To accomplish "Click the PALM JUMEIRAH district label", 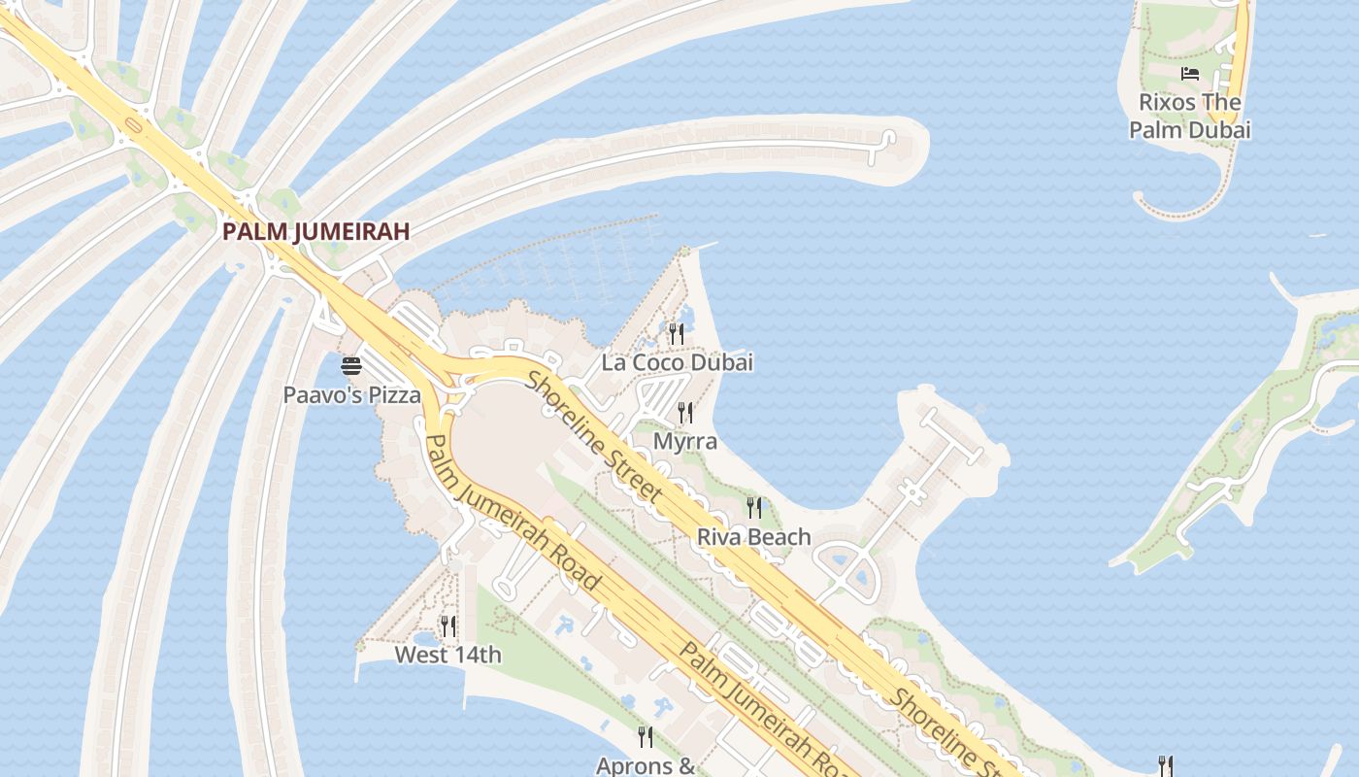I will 315,231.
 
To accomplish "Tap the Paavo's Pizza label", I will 352,395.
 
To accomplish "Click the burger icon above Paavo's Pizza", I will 351,366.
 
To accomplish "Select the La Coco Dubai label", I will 677,362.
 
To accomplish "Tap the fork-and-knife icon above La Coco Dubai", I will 677,334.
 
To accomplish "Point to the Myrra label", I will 685,441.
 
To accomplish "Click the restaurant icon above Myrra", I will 685,413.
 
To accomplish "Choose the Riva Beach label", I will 753,536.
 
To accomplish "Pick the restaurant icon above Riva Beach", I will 753,507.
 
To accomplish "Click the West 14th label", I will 447,655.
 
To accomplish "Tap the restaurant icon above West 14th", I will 447,625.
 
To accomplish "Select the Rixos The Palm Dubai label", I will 1189,116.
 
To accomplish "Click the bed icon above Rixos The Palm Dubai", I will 1189,74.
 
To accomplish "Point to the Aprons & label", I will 646,765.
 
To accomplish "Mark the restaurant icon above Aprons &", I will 645,737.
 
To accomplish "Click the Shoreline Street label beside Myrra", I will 594,437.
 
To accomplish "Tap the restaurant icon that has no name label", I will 1166,766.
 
